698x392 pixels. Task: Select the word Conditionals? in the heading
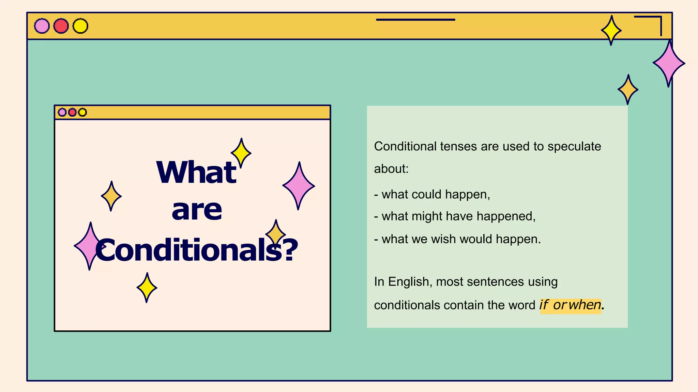click(x=197, y=250)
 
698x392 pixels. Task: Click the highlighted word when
click(x=585, y=305)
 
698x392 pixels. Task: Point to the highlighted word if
click(x=544, y=305)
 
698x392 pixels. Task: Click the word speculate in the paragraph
click(x=574, y=146)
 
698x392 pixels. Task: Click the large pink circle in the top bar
click(x=42, y=26)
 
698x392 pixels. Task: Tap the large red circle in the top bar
click(x=61, y=26)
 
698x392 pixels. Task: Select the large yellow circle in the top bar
click(x=80, y=26)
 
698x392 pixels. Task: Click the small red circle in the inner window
click(x=72, y=112)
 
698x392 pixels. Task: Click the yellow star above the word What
click(x=241, y=153)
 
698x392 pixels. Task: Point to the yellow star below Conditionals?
click(x=147, y=288)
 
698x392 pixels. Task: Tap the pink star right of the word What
click(x=299, y=186)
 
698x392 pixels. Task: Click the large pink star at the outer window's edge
click(x=669, y=63)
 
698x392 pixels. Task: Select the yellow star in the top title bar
click(x=611, y=30)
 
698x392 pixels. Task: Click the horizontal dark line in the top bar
click(x=415, y=20)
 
